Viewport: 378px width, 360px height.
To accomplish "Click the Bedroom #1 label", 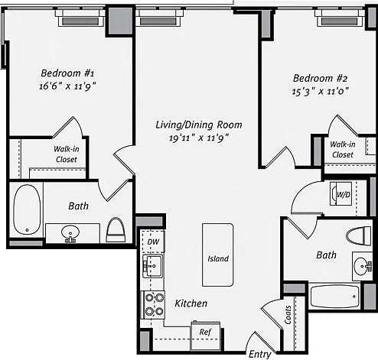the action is click(67, 73).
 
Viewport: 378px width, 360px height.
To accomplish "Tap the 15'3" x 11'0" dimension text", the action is click(320, 91).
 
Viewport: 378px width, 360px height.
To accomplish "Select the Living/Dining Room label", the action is click(199, 125).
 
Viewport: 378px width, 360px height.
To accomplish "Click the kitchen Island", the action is click(218, 255).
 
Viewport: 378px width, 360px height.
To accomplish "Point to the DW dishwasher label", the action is click(153, 242).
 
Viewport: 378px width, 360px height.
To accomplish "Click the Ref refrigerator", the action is click(206, 336).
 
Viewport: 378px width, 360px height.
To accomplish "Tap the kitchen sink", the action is click(152, 266).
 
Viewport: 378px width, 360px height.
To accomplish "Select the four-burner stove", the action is click(154, 305).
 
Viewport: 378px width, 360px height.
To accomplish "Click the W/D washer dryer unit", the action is click(341, 193).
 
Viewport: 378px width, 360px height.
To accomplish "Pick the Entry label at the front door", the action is click(259, 354).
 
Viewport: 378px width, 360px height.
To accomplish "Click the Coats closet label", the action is click(288, 315).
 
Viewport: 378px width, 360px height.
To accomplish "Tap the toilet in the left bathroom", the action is click(116, 230).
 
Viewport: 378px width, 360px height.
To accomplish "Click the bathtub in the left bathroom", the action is click(27, 209).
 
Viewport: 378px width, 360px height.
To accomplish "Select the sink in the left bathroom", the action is click(70, 233).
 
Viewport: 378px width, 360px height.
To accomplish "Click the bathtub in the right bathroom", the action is click(335, 297).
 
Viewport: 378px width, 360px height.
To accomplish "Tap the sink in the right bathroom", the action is click(363, 266).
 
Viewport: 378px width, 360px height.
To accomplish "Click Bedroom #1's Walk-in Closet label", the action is click(67, 154).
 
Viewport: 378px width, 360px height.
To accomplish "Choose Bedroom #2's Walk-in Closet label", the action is click(343, 150).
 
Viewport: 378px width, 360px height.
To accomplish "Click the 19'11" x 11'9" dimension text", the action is click(199, 138).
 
